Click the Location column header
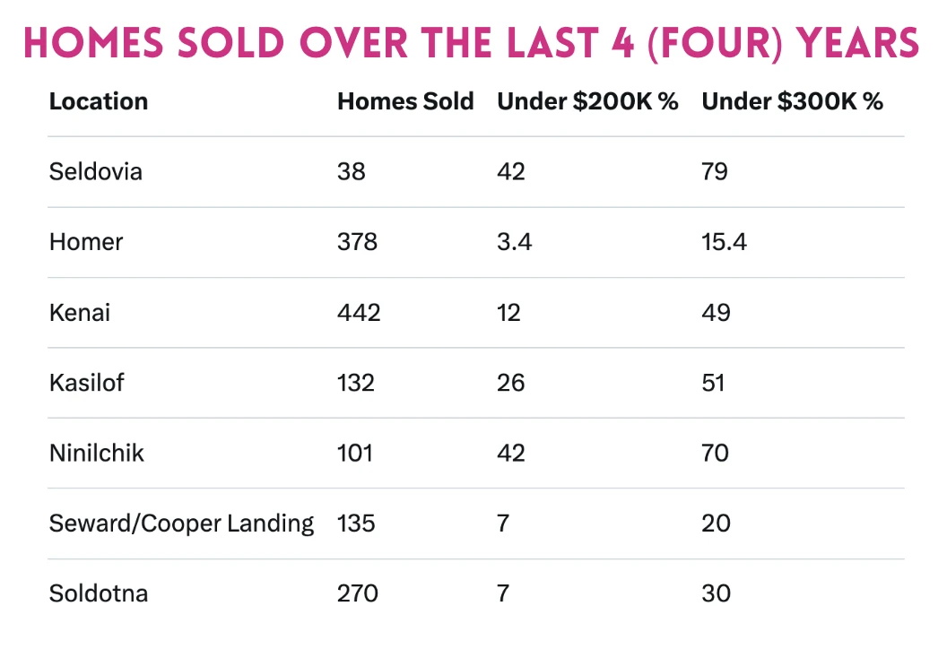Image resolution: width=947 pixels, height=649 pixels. (99, 101)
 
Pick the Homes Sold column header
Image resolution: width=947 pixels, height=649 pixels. (405, 101)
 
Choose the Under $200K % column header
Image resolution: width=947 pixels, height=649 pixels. (587, 101)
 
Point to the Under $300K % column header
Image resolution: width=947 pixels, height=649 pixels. (792, 101)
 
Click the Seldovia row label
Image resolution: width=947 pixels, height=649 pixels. (96, 171)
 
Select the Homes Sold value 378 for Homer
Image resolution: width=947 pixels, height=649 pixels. (357, 242)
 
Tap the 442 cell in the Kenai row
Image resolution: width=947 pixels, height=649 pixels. (359, 312)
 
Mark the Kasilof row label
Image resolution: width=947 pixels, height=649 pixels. (87, 383)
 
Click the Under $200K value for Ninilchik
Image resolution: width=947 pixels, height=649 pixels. (511, 453)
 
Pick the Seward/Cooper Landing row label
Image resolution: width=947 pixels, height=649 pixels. (182, 524)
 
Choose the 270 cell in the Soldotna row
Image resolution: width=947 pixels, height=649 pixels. (357, 593)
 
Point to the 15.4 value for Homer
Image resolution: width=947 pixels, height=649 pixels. (725, 242)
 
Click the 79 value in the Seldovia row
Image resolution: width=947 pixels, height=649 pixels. (715, 171)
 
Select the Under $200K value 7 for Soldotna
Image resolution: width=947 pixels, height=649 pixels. (503, 593)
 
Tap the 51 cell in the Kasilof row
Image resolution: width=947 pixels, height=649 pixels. (713, 383)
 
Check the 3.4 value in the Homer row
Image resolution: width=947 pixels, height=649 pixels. (515, 242)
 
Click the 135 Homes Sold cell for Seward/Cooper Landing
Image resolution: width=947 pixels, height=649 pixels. (357, 524)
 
